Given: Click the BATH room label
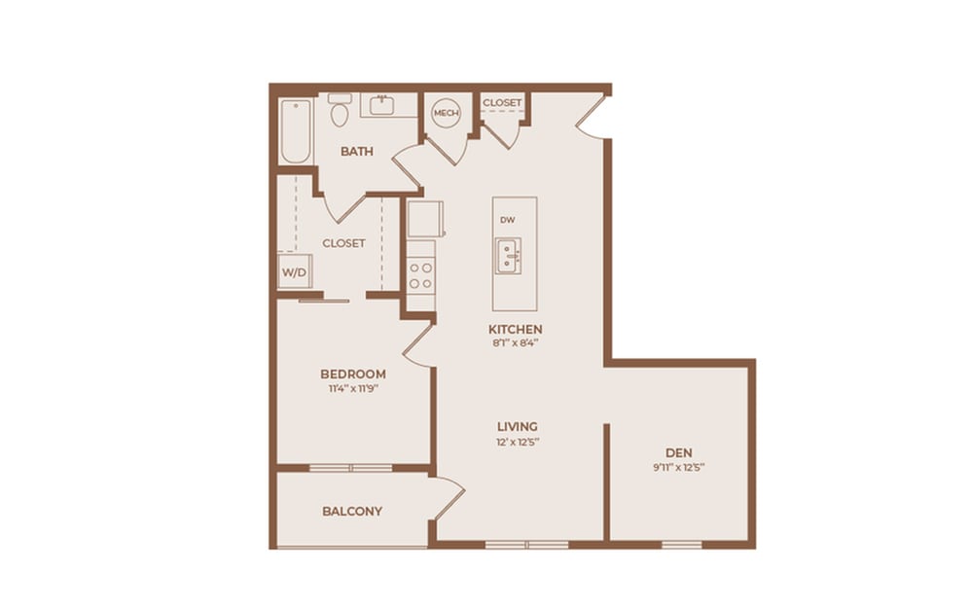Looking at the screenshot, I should pos(358,152).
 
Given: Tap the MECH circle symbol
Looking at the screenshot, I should pos(446,113).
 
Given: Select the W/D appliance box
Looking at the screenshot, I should pos(293,272).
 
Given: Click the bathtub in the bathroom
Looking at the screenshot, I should pos(295,131).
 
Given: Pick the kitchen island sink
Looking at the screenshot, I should pos(508,256).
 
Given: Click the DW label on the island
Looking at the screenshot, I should pos(507,220).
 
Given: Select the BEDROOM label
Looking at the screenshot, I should pos(353,374).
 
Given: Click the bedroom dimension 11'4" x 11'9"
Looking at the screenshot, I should pos(353,389).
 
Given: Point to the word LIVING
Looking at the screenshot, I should pos(518,426).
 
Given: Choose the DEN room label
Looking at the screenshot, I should pos(679,452).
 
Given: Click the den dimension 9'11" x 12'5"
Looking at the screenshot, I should pos(679,467).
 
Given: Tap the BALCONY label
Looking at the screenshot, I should pos(352,511).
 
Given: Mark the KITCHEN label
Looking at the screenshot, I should pos(516,329).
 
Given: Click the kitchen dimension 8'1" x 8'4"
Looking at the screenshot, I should pos(516,343).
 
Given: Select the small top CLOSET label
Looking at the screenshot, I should pos(502,102).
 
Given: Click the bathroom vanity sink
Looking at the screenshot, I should pos(381,105).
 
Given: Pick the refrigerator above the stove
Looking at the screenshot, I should pos(425,219).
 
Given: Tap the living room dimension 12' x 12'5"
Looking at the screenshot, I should pos(518,442).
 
